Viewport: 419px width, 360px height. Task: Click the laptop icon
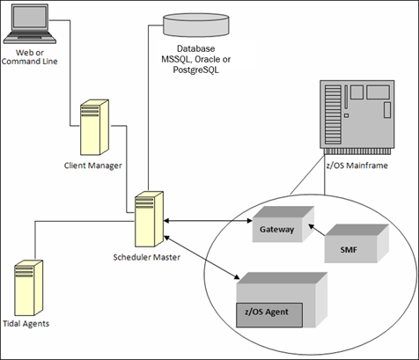click(30, 24)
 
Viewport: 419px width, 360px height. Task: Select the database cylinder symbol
click(196, 25)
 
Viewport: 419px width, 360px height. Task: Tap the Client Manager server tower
click(95, 128)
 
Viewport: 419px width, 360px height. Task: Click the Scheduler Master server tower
click(149, 219)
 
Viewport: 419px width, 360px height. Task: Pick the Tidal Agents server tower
click(29, 288)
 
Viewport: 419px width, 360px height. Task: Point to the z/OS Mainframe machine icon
click(357, 117)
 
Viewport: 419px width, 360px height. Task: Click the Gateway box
click(283, 224)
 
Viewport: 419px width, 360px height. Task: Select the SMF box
click(357, 244)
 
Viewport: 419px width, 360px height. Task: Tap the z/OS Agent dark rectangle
click(269, 315)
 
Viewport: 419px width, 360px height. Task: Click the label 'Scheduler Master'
click(147, 257)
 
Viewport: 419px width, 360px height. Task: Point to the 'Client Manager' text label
click(93, 165)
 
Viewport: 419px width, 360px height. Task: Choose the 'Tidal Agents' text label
click(26, 324)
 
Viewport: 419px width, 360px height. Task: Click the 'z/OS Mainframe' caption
click(357, 165)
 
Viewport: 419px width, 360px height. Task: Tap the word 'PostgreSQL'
click(195, 70)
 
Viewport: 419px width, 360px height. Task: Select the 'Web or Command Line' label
click(30, 57)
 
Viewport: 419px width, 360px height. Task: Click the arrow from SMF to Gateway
click(317, 231)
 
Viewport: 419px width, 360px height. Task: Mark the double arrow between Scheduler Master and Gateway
click(208, 221)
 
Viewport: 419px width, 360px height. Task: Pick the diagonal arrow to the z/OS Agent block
click(202, 257)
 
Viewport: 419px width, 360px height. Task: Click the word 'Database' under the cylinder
click(196, 48)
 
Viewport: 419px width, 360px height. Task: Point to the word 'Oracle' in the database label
click(209, 59)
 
